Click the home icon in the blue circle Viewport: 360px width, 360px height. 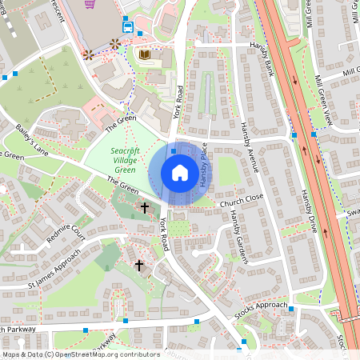coord(180,172)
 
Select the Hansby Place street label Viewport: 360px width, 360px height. coord(204,166)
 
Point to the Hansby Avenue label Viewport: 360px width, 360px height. coord(250,148)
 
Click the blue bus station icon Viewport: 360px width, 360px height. coord(128,25)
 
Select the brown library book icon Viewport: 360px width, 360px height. coord(145,54)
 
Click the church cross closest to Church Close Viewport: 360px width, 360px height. coord(145,208)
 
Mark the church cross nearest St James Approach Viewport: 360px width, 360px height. coord(138,264)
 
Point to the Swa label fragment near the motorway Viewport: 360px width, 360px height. coord(353,214)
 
